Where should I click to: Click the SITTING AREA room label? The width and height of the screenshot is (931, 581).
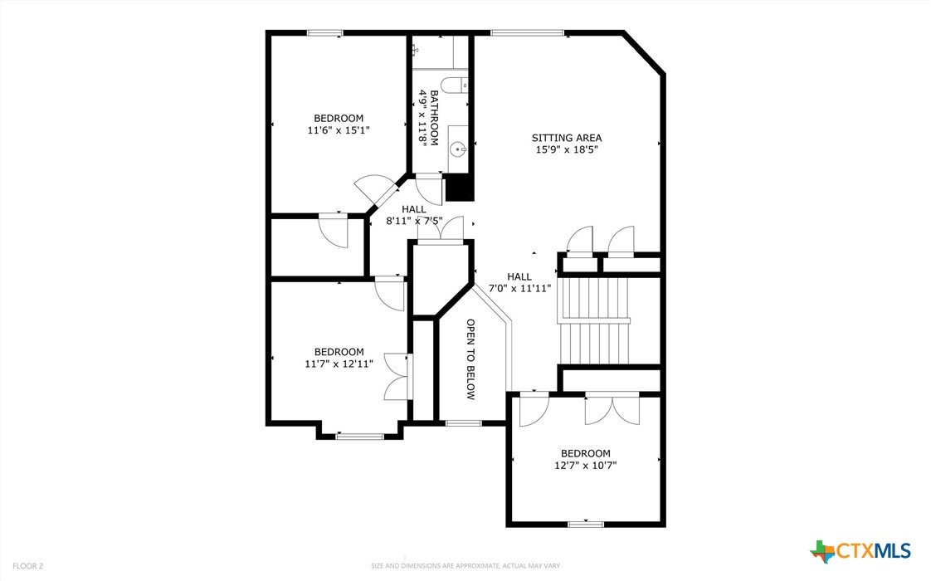tap(567, 138)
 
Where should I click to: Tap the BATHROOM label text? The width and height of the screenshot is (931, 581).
tap(434, 118)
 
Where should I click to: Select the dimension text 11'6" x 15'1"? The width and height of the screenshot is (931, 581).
tap(339, 130)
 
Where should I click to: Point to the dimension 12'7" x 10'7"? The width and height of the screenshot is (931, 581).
tap(586, 465)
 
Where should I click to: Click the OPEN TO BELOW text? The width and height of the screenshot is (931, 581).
tap(470, 359)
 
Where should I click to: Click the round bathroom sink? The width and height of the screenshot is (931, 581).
tap(458, 149)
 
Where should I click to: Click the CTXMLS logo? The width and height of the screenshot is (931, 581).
tap(860, 551)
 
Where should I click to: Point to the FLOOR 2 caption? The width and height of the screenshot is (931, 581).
tap(28, 566)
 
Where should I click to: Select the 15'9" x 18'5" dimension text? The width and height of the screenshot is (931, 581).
tap(567, 149)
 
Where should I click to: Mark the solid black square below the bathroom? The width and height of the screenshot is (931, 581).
tap(459, 187)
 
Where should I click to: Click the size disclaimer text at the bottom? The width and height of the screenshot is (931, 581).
tap(465, 565)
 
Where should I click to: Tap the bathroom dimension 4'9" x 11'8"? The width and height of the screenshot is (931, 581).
tap(422, 118)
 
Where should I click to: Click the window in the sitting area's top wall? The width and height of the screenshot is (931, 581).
tap(527, 33)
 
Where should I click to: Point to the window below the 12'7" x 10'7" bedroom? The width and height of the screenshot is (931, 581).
tap(586, 524)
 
